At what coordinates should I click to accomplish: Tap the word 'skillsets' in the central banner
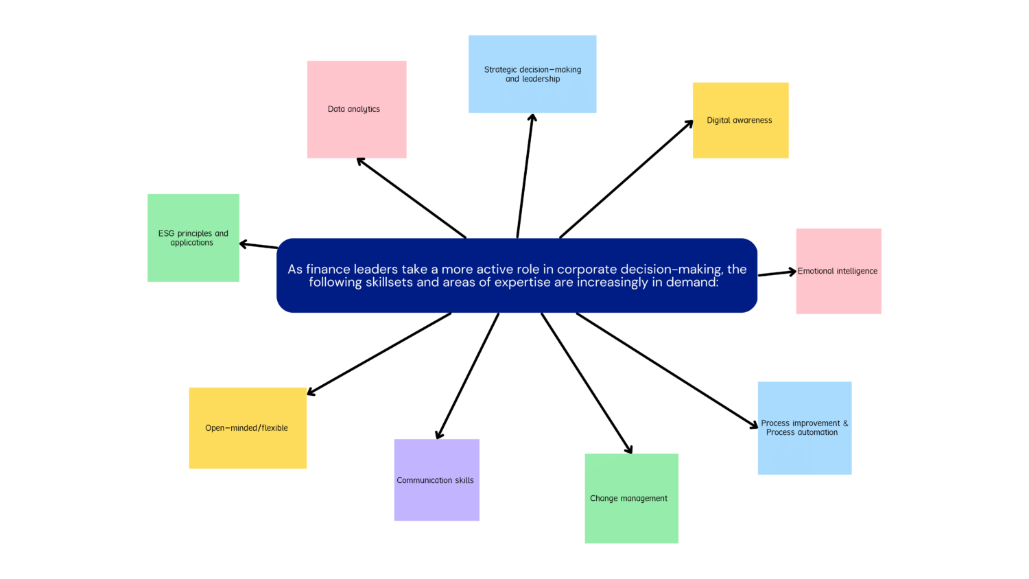[389, 283]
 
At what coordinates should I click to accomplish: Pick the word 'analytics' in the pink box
[364, 109]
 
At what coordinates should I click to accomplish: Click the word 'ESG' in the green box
[166, 233]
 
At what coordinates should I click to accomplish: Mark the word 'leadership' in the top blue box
[541, 79]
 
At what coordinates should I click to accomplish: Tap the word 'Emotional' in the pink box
[816, 271]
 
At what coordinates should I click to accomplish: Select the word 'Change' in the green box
[604, 499]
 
